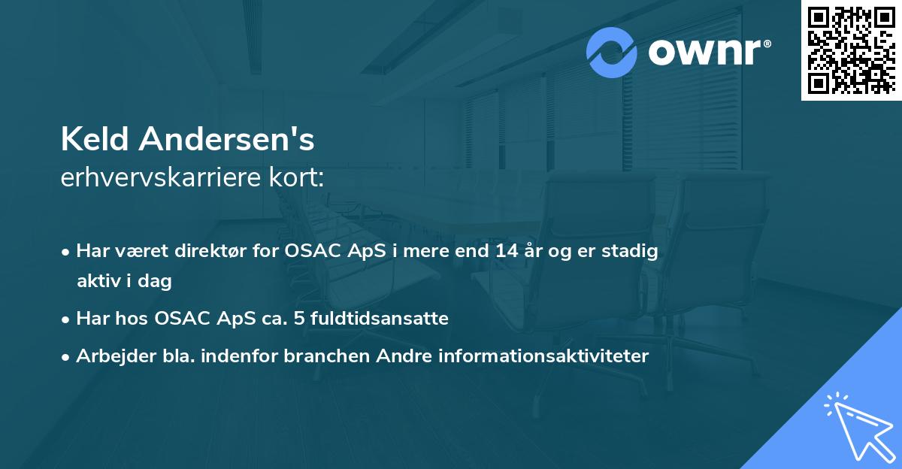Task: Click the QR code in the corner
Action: click(851, 50)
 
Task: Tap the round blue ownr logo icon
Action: click(612, 53)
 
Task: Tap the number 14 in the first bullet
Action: click(499, 251)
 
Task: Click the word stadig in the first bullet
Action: click(634, 251)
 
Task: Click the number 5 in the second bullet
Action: click(299, 319)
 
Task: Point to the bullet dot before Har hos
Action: click(67, 319)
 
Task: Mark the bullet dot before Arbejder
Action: click(67, 357)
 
